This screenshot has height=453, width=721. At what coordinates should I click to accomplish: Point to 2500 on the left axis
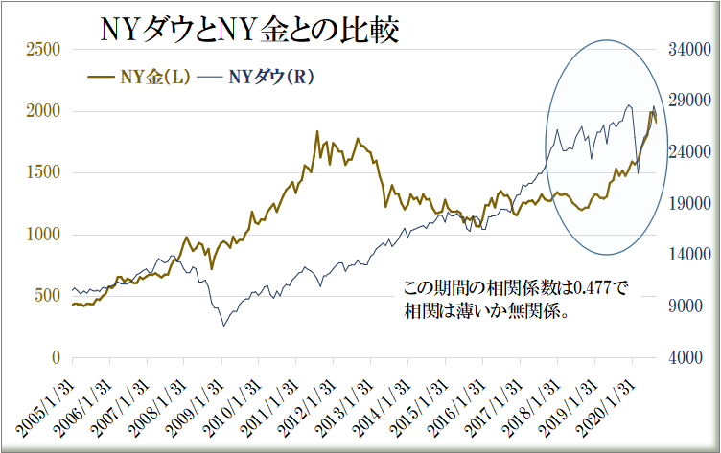pyautogui.click(x=43, y=50)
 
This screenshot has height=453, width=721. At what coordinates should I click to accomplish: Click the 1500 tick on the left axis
pyautogui.click(x=43, y=173)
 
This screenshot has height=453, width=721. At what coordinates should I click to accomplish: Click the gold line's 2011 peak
pyautogui.click(x=317, y=132)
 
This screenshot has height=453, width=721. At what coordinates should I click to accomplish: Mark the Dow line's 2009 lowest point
pyautogui.click(x=224, y=326)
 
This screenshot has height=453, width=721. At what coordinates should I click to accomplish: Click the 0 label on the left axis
pyautogui.click(x=57, y=357)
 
